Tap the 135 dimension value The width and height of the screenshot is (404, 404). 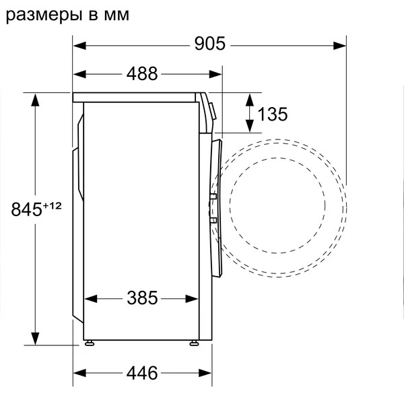[x=272, y=114]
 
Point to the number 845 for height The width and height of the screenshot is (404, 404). [x=26, y=209]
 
